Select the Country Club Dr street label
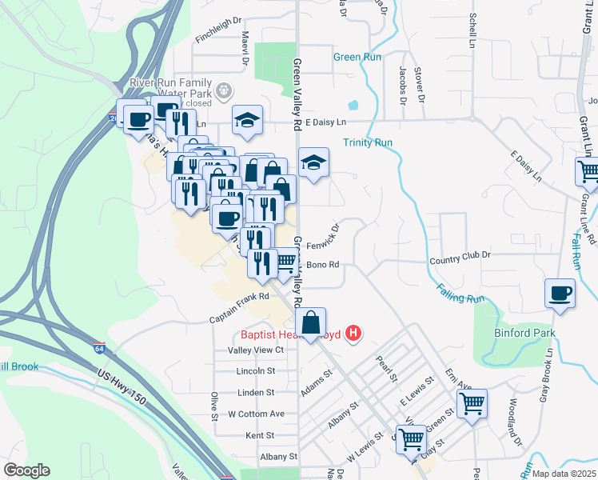pos(460,259)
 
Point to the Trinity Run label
pos(368,142)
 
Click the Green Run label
pos(357,57)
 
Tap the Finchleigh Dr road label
pos(218,38)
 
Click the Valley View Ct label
pos(257,350)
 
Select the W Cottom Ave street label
pos(257,414)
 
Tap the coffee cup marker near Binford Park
pos(560,293)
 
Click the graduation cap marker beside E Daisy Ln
pos(248,120)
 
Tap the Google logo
pos(26,470)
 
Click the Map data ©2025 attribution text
pos(564,474)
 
